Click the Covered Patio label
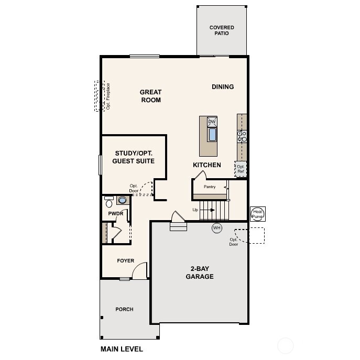(x=222, y=30)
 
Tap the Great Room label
(x=150, y=96)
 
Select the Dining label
(x=223, y=87)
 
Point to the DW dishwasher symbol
(x=212, y=122)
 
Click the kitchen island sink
(x=212, y=135)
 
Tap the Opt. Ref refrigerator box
(x=241, y=169)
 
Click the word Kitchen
(x=206, y=165)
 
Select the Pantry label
(x=209, y=187)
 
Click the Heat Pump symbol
(x=258, y=214)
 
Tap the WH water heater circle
(x=217, y=228)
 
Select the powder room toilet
(x=109, y=203)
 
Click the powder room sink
(x=123, y=200)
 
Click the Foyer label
(x=125, y=261)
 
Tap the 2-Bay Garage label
(x=200, y=273)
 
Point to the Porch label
(x=124, y=309)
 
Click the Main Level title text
(x=122, y=349)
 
